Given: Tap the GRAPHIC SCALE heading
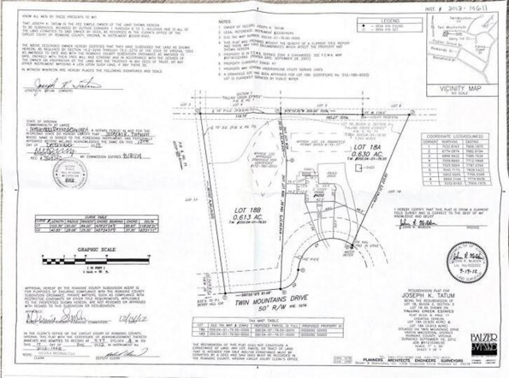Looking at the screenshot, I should (96, 250).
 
